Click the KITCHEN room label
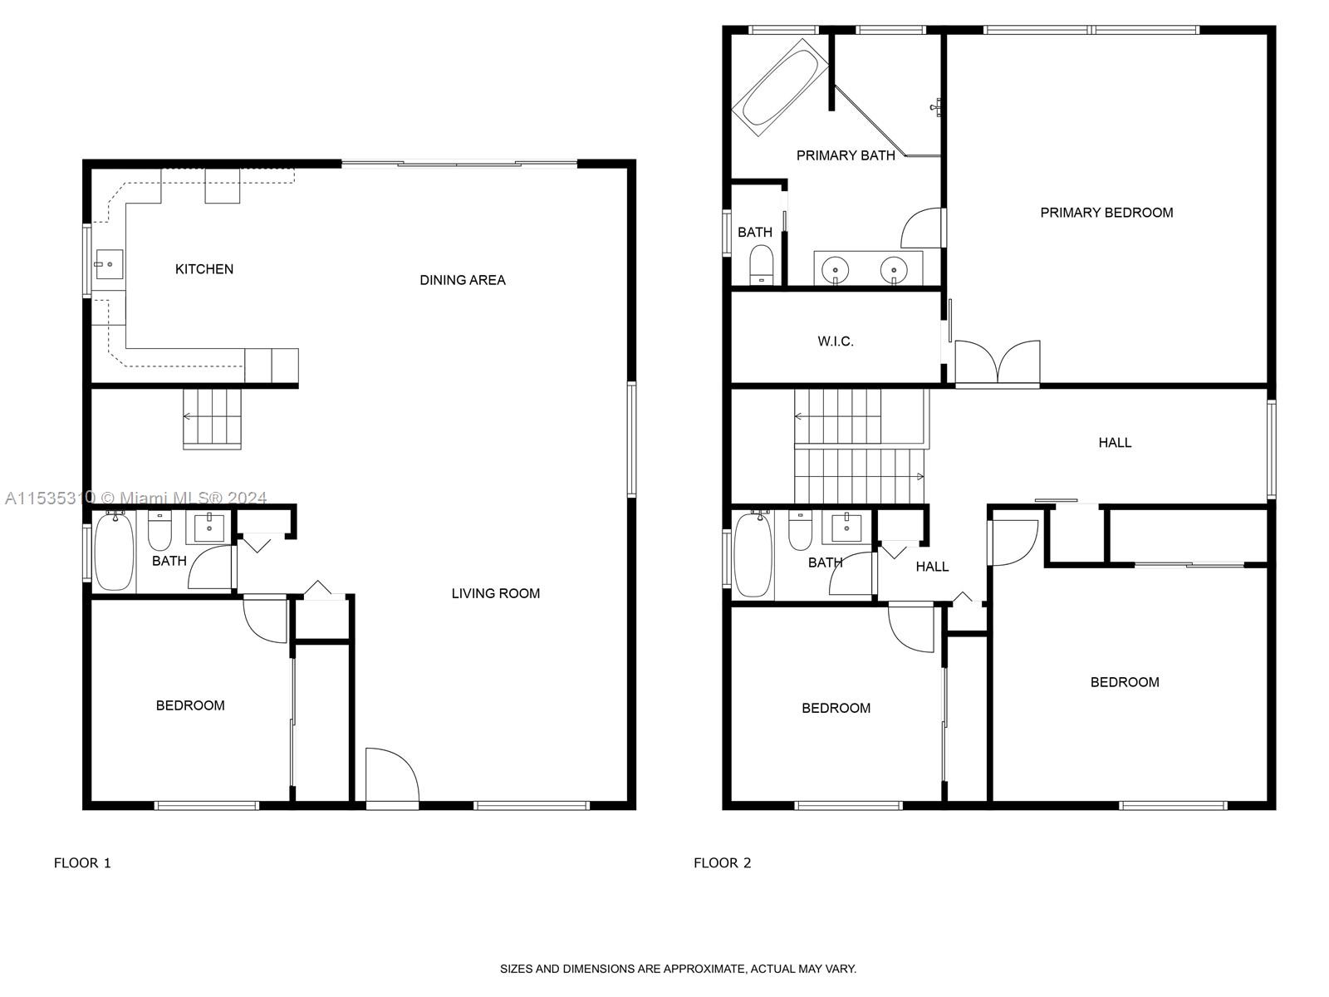(204, 269)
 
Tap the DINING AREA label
(462, 280)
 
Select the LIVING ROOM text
(495, 593)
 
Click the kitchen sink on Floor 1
(108, 265)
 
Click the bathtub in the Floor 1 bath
(114, 553)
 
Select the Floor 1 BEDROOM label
(190, 705)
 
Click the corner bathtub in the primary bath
(779, 87)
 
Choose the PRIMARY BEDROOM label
(1106, 213)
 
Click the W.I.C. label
(835, 341)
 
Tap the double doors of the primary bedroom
(997, 363)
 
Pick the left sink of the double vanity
(835, 269)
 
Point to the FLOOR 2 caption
(722, 863)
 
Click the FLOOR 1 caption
(82, 863)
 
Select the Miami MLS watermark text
(135, 498)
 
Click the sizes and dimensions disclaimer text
(678, 969)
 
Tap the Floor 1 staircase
(212, 419)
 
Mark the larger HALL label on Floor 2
(1115, 443)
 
